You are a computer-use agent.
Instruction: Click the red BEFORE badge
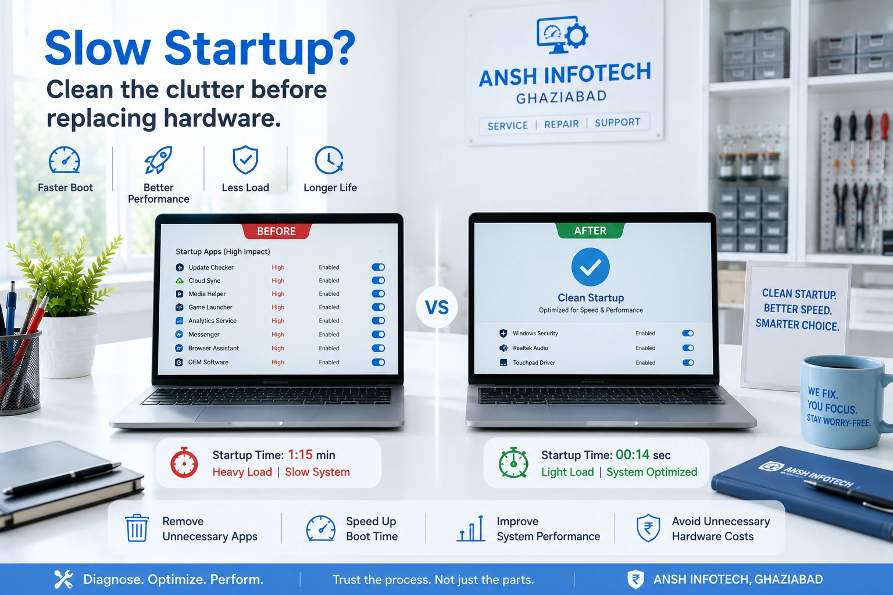[x=276, y=231]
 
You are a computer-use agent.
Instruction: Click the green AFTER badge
[x=590, y=230]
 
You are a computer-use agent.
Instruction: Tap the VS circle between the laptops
[x=437, y=307]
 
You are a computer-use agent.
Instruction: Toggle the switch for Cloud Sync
[x=378, y=281]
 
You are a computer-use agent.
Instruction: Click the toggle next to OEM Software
[x=378, y=362]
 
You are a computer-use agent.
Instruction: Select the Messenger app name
[x=203, y=334]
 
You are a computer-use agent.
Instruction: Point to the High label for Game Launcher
[x=278, y=307]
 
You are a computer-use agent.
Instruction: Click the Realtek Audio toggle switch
[x=688, y=348]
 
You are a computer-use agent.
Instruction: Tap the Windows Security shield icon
[x=503, y=333]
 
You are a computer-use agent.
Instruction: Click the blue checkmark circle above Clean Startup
[x=591, y=267]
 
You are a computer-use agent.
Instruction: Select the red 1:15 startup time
[x=300, y=455]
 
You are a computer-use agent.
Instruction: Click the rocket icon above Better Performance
[x=158, y=160]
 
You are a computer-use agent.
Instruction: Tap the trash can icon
[x=137, y=528]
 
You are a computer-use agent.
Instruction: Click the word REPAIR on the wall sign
[x=561, y=124]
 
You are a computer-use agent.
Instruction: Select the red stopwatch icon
[x=184, y=463]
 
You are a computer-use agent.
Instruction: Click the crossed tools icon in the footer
[x=63, y=579]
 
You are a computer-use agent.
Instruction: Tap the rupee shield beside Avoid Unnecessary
[x=648, y=528]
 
